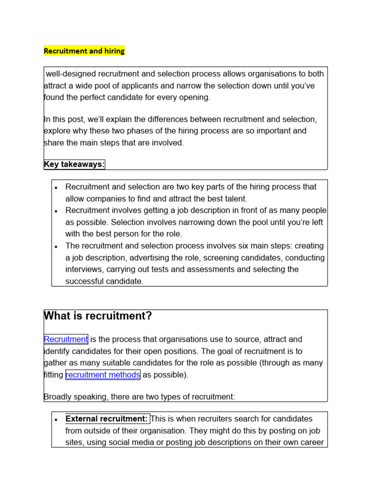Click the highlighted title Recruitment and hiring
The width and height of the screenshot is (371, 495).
tap(84, 51)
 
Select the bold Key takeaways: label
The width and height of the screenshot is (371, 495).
tap(74, 164)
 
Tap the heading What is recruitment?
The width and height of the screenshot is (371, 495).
tap(98, 316)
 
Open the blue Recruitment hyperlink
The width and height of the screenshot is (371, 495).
tap(66, 339)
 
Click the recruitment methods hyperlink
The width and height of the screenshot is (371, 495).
tap(103, 375)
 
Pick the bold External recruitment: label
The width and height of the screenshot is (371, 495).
tap(107, 419)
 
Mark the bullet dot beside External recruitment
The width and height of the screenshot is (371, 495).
tap(57, 419)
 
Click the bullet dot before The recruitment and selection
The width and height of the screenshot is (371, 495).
tap(57, 246)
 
